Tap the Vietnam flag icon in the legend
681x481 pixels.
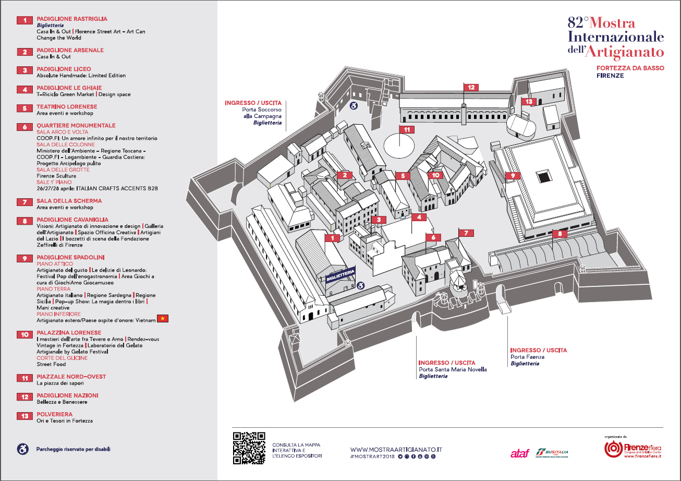163,319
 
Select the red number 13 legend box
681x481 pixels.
25,416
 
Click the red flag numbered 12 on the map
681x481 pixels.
471,88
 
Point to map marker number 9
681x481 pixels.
513,176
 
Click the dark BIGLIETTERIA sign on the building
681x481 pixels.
341,275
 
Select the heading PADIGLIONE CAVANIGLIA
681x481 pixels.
72,220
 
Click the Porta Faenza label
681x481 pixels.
527,357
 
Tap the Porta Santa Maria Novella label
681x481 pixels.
453,369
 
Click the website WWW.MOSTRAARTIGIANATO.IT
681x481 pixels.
396,449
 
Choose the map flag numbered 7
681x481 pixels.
466,233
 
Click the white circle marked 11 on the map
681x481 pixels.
400,144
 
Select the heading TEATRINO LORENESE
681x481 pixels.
67,107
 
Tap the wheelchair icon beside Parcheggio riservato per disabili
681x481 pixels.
23,449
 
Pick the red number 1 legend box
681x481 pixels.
25,20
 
